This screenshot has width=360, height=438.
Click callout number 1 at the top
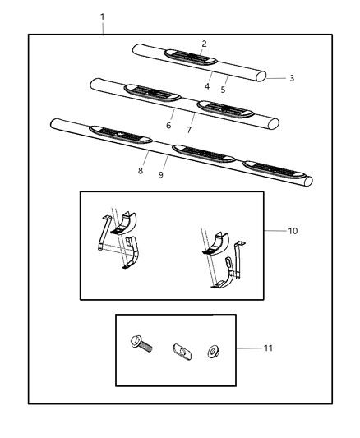[x=102, y=17]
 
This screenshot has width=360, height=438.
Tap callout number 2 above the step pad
[x=204, y=44]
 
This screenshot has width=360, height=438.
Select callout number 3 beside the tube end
[x=291, y=78]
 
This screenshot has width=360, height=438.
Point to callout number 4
[x=207, y=86]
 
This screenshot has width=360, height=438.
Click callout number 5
[x=223, y=88]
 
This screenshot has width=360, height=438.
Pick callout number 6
[x=168, y=126]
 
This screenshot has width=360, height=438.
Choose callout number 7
[x=190, y=130]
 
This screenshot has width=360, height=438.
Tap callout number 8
[x=141, y=170]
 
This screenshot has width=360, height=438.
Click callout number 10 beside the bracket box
[x=292, y=231]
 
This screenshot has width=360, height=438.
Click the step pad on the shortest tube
[x=191, y=57]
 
